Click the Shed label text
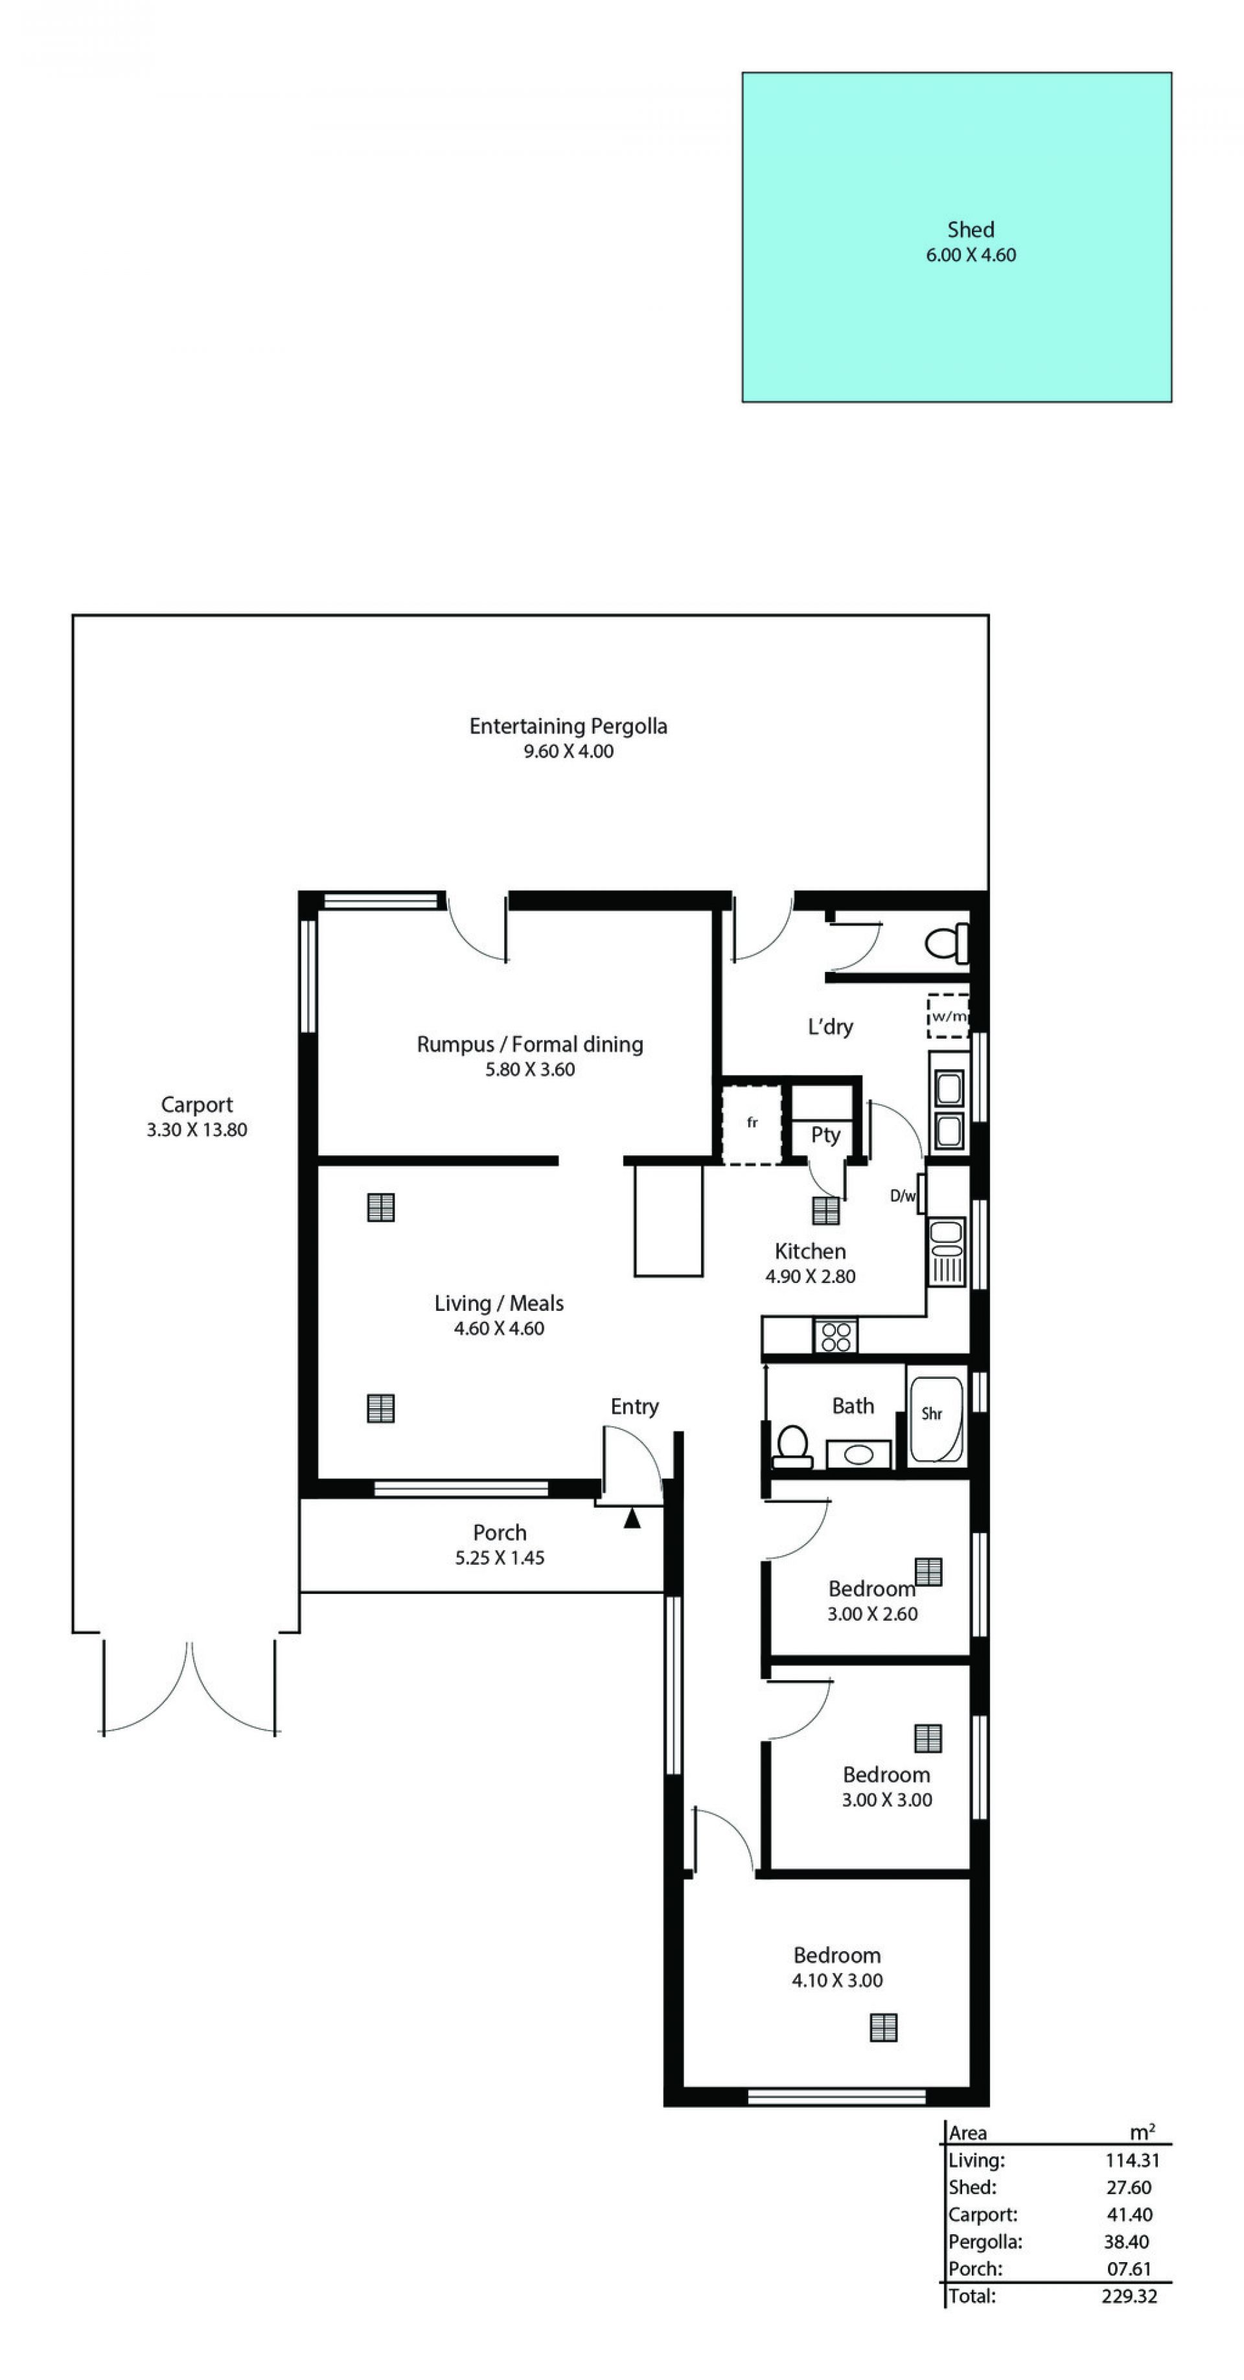pos(970,229)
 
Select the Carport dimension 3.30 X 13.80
pos(197,1129)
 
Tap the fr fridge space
pos(752,1122)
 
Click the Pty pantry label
pos(825,1135)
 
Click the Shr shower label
pos(931,1413)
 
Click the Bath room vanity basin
pos(858,1454)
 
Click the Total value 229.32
pos(1129,2296)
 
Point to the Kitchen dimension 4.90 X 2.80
pos(810,1276)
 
